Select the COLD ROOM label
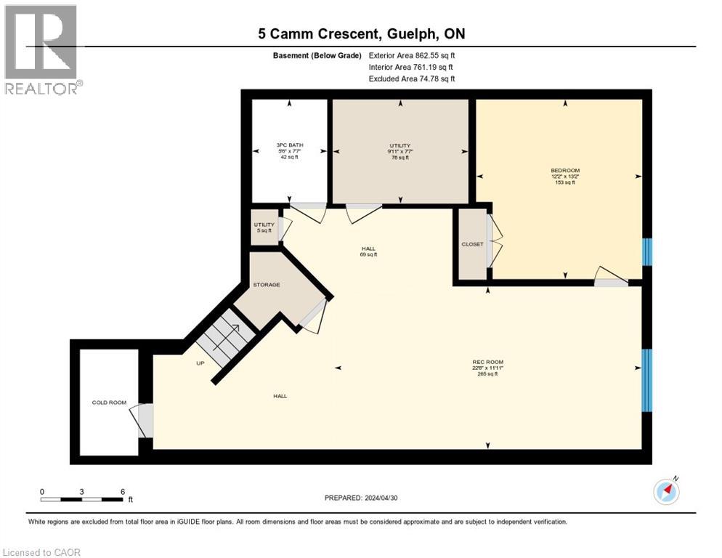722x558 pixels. tap(109, 403)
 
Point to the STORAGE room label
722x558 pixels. tap(267, 285)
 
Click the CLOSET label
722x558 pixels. tap(472, 244)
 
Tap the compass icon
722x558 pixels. tap(666, 492)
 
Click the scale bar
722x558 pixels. tap(81, 499)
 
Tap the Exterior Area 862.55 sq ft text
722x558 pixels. tap(412, 55)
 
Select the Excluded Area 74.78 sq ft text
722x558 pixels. tap(412, 78)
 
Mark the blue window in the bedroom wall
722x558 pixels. tap(647, 251)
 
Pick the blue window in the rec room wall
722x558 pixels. tap(647, 380)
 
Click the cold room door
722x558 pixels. tap(143, 421)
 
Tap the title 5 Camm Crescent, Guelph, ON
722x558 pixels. tap(361, 33)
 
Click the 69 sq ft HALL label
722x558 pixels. tap(368, 251)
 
